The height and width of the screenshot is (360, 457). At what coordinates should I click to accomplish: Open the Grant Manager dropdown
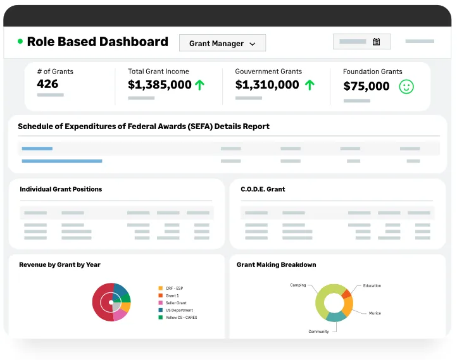(x=222, y=43)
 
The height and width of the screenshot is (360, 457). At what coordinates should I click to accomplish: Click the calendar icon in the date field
(x=376, y=42)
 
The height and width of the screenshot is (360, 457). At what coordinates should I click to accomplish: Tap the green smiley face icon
(x=406, y=87)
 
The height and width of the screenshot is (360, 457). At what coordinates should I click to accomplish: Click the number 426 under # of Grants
(x=47, y=84)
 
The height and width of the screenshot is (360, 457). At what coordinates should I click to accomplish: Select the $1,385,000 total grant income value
(x=160, y=85)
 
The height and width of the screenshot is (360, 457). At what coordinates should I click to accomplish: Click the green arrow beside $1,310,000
(x=310, y=85)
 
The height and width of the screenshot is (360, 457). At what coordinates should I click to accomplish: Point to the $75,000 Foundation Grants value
(x=366, y=86)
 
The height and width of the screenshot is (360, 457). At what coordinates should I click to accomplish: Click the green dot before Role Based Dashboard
(x=20, y=41)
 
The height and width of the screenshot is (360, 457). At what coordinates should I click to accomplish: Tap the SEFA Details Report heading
(x=144, y=127)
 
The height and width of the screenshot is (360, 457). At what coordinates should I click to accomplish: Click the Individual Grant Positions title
(x=61, y=189)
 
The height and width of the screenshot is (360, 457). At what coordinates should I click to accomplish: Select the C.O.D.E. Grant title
(x=263, y=189)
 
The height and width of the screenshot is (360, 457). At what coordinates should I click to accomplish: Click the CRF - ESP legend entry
(x=171, y=288)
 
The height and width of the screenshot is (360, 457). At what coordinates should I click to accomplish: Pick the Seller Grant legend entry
(x=173, y=303)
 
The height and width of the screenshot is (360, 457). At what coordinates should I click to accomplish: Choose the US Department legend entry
(x=176, y=310)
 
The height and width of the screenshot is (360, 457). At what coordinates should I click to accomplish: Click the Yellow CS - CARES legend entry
(x=178, y=318)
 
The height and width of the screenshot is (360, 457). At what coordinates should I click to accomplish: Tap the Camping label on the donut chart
(x=298, y=285)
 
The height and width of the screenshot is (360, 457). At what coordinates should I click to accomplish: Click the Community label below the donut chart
(x=318, y=332)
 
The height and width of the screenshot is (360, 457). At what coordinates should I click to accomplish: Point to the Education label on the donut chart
(x=372, y=286)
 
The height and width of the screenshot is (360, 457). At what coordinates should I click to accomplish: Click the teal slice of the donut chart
(x=335, y=317)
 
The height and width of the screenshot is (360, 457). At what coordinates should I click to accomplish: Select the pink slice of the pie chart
(x=120, y=315)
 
